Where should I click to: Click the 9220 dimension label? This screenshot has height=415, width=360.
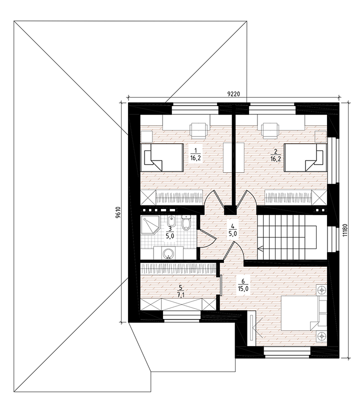(233, 94)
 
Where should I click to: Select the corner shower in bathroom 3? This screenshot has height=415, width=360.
(149, 224)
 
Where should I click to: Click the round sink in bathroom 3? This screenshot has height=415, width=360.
(167, 254)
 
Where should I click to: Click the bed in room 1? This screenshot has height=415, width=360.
(162, 157)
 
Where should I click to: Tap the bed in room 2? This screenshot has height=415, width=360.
(305, 157)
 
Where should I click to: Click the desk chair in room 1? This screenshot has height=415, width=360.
(198, 130)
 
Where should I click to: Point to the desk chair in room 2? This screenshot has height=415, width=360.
(269, 130)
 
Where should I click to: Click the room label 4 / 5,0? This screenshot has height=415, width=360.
(232, 230)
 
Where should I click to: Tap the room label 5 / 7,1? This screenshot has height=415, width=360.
(180, 291)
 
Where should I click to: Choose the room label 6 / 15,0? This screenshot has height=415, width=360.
(242, 285)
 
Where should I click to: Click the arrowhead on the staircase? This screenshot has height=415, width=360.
(259, 248)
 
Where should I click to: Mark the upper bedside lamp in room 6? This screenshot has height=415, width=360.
(321, 290)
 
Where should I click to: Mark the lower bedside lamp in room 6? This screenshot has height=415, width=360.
(321, 336)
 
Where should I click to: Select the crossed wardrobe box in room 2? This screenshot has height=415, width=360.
(319, 197)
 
